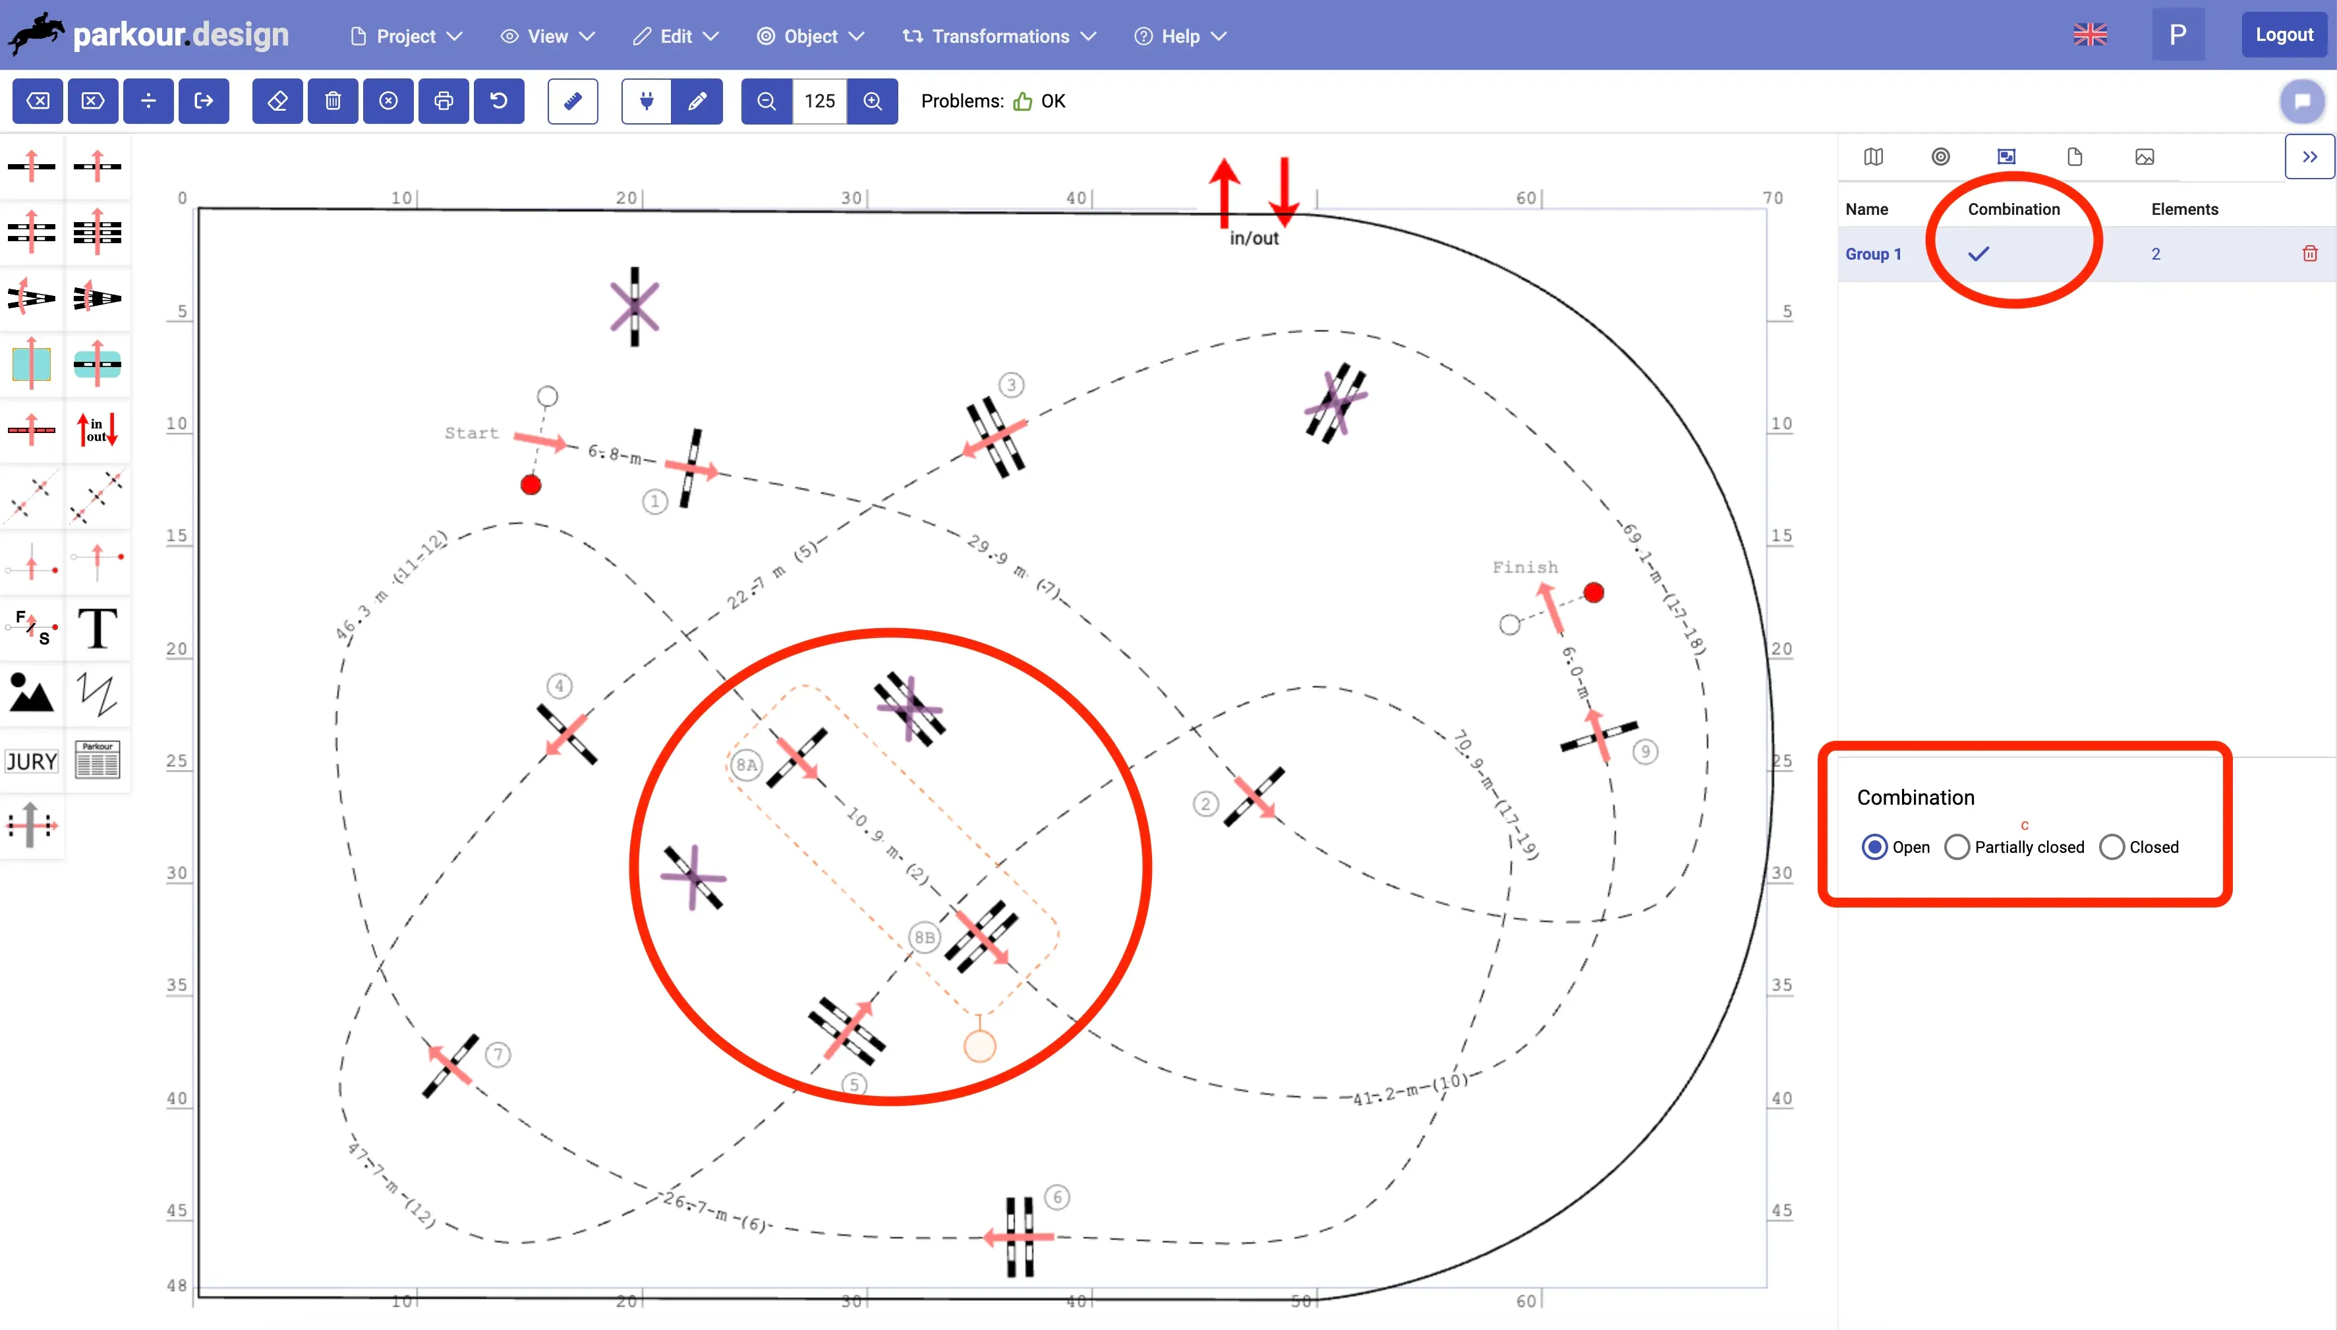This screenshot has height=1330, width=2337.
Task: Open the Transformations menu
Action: click(999, 36)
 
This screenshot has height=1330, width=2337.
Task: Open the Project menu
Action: click(407, 36)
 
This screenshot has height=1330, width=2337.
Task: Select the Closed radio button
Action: click(2112, 847)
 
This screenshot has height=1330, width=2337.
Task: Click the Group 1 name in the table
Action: click(1873, 254)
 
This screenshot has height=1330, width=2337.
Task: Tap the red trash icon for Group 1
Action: click(2309, 253)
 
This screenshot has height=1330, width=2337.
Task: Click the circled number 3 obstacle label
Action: click(1010, 385)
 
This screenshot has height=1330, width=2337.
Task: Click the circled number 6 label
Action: click(1056, 1197)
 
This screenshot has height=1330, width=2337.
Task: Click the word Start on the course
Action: click(471, 433)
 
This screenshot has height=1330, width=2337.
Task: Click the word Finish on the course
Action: click(1525, 567)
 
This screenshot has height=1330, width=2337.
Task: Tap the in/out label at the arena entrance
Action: click(1254, 239)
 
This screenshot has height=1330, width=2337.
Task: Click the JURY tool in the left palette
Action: click(31, 761)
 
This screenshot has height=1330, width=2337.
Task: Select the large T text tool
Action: click(98, 629)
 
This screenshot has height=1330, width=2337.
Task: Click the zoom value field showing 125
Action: click(819, 100)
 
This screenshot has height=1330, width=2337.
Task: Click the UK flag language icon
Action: click(2089, 35)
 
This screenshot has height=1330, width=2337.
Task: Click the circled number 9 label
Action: click(1645, 751)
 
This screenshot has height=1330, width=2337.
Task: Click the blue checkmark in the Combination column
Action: click(1978, 254)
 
